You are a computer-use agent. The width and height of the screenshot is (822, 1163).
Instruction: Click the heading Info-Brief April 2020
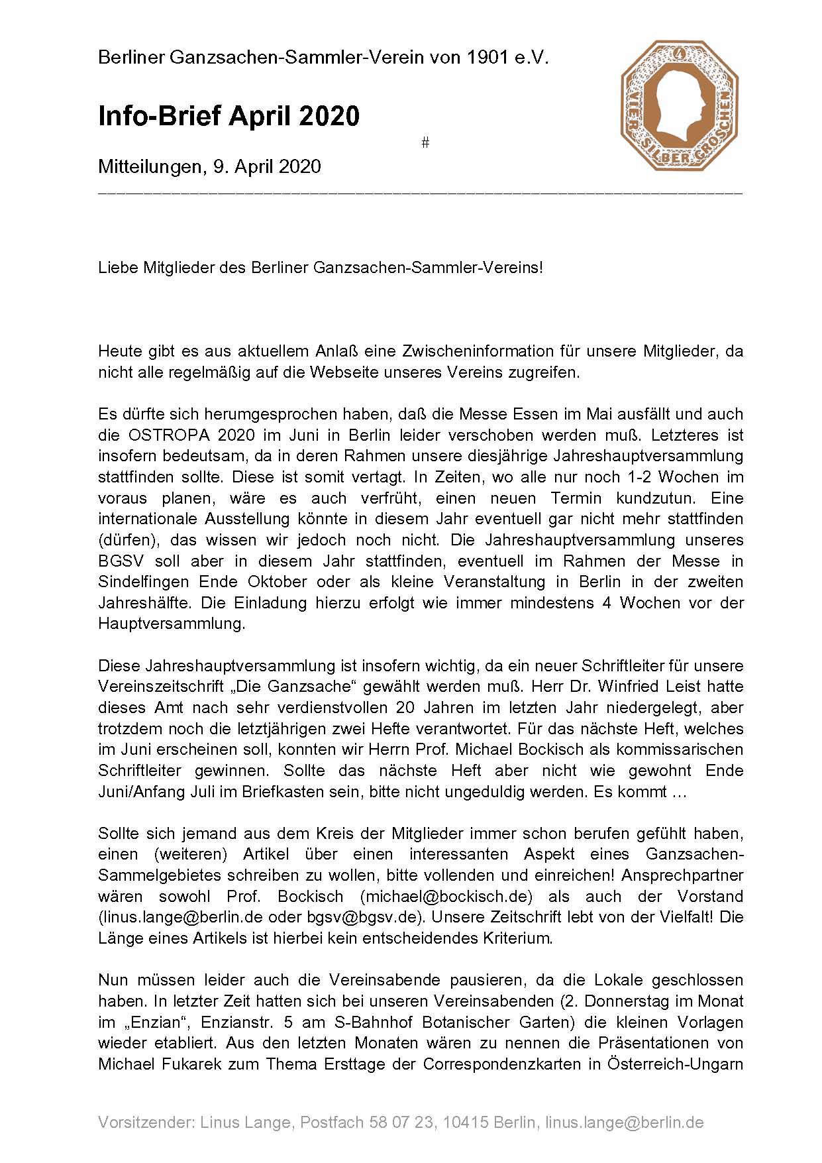[x=229, y=116]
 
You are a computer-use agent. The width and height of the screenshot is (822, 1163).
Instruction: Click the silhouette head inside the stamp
[x=677, y=99]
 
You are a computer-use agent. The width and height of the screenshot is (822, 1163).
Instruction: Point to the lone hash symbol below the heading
[x=425, y=142]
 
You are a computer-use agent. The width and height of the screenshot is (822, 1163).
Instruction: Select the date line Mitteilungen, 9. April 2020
[x=209, y=166]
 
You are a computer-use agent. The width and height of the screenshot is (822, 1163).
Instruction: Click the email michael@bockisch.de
[x=446, y=896]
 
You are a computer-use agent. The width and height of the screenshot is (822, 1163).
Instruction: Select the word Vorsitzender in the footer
[x=143, y=1123]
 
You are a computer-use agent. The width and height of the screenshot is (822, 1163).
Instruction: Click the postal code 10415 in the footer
[x=466, y=1123]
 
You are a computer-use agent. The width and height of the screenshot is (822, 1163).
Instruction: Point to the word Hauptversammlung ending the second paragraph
[x=172, y=624]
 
